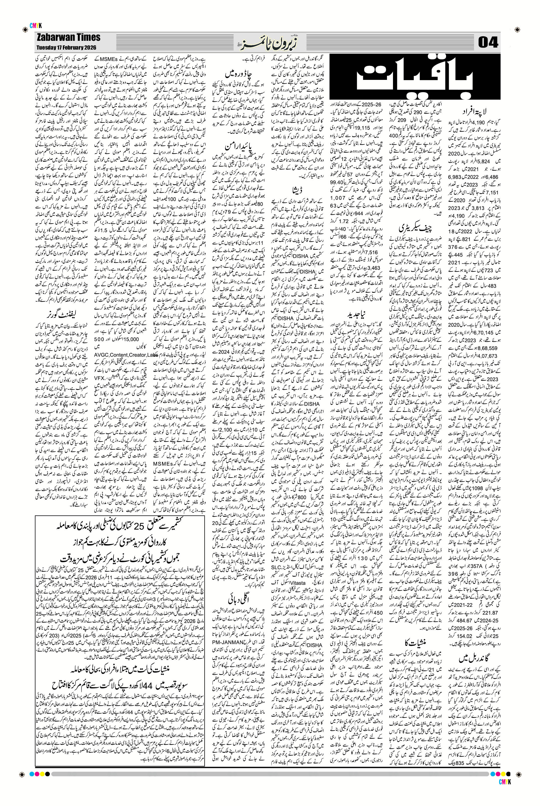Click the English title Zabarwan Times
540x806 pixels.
click(x=68, y=37)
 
